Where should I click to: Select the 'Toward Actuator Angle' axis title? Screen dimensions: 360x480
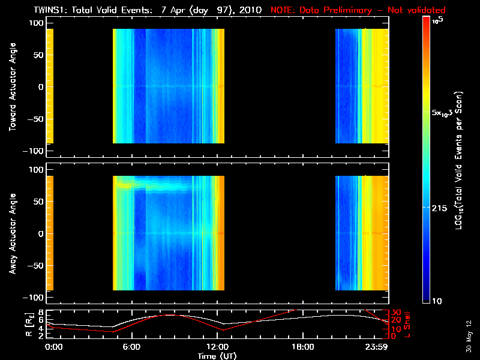click(x=11, y=87)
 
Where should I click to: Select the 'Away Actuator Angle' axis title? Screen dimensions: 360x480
click(x=11, y=234)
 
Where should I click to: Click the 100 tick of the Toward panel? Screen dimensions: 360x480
click(x=37, y=22)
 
